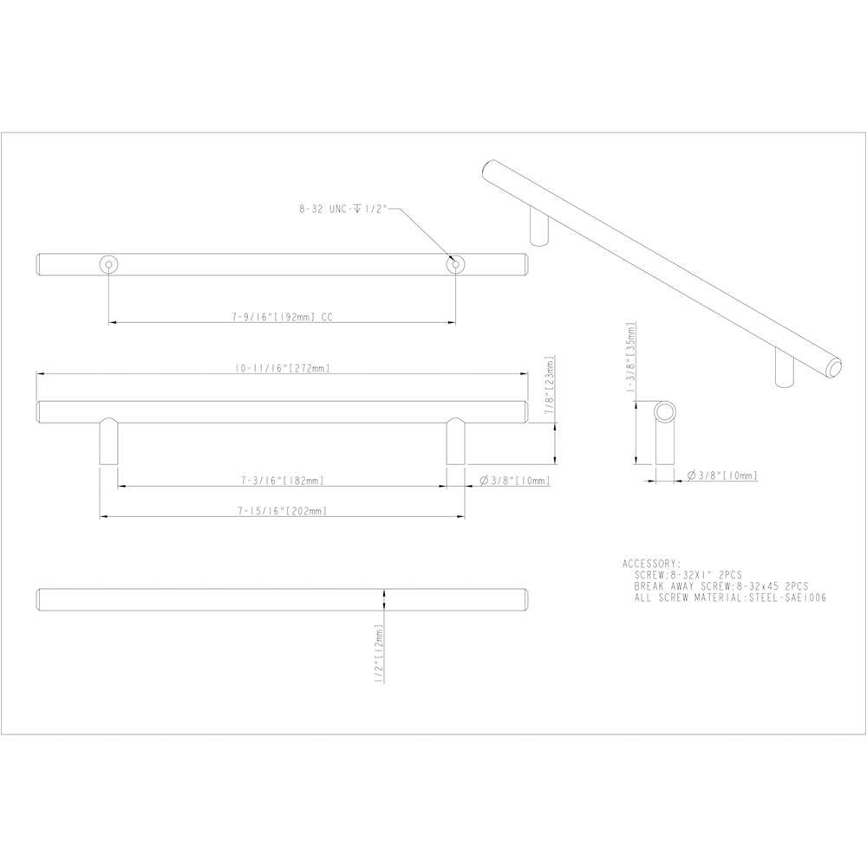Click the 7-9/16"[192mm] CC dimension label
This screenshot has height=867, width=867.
pos(282,317)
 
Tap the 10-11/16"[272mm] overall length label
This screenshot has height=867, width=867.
pos(283,368)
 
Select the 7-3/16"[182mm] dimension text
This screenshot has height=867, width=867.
pos(283,481)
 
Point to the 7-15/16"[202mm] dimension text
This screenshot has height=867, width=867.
pos(283,511)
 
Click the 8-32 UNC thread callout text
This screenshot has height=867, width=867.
pos(342,209)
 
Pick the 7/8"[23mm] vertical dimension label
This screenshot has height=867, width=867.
pos(549,385)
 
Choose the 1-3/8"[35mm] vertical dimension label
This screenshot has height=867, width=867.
pos(630,357)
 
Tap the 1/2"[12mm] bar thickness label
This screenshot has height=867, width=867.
pos(379,654)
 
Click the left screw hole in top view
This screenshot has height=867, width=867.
pos(108,265)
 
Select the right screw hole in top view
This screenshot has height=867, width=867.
pos(456,265)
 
